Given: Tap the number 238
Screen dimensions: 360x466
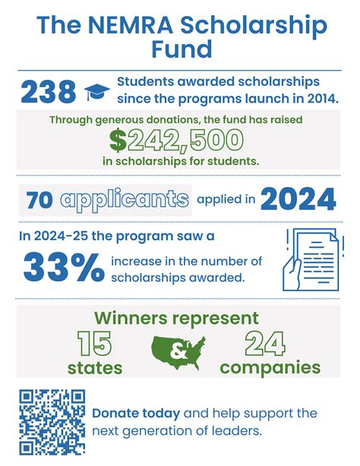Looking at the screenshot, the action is coord(48,91).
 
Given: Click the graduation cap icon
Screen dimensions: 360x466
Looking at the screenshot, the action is coord(96,92).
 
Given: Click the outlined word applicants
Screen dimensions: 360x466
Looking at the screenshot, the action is coord(125,200).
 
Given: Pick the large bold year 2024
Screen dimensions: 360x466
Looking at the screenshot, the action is coord(298,199).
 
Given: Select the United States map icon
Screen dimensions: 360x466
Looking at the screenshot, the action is coord(180,350).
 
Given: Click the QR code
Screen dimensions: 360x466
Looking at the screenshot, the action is coord(52,421).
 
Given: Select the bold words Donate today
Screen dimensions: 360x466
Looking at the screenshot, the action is coord(136,414).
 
